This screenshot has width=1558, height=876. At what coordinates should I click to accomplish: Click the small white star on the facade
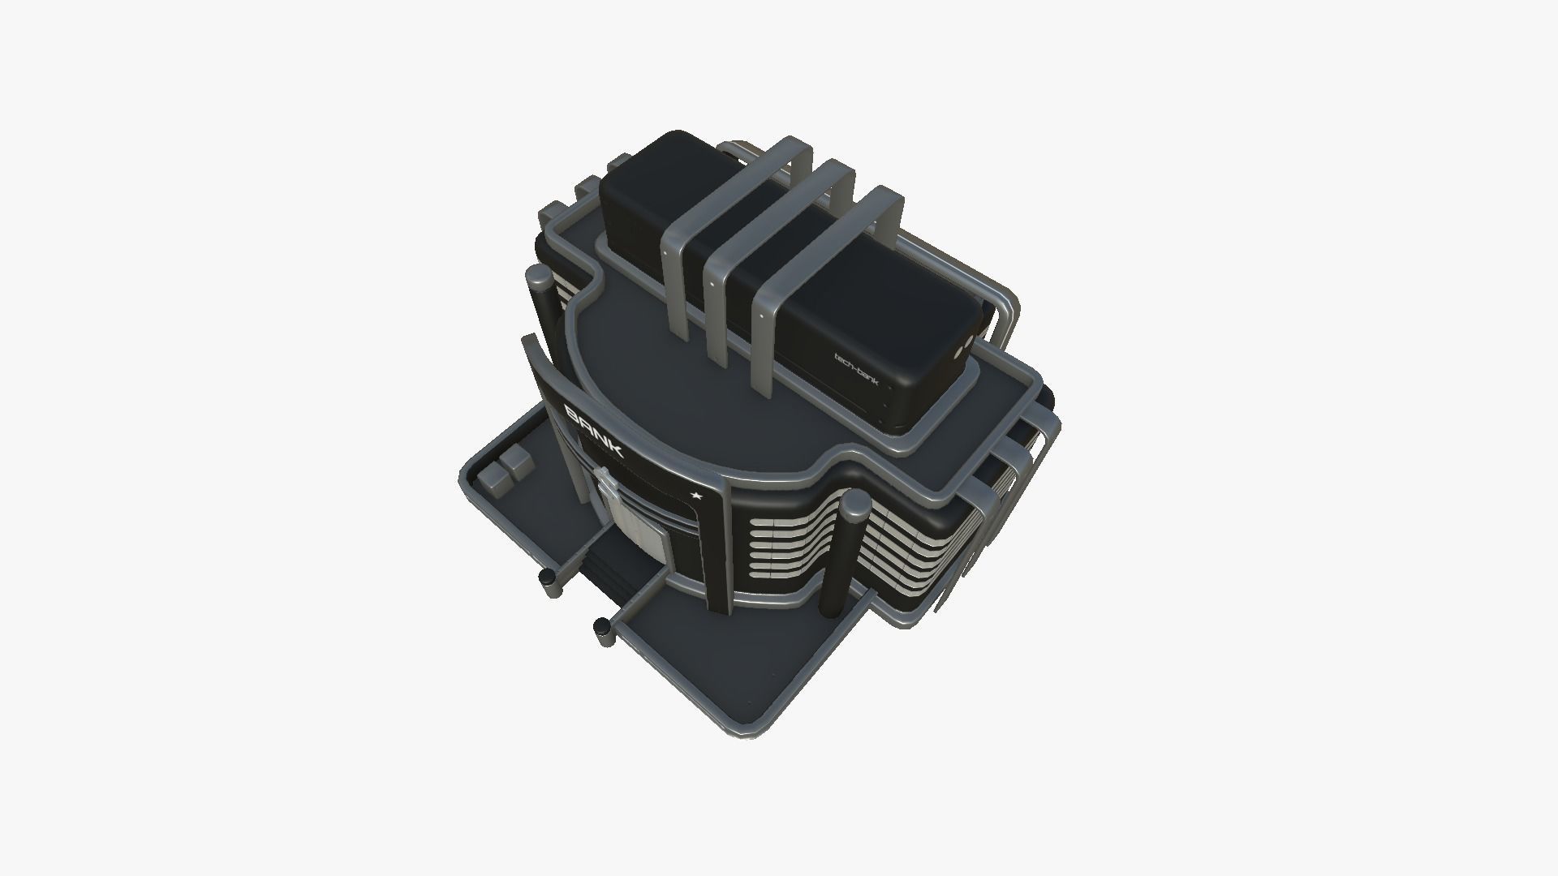pyautogui.click(x=695, y=494)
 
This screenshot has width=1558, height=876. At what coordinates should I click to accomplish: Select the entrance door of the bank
pyautogui.click(x=635, y=519)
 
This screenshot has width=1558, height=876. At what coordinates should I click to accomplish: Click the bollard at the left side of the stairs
pyautogui.click(x=549, y=578)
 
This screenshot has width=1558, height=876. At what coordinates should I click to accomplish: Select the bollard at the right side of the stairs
pyautogui.click(x=602, y=627)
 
